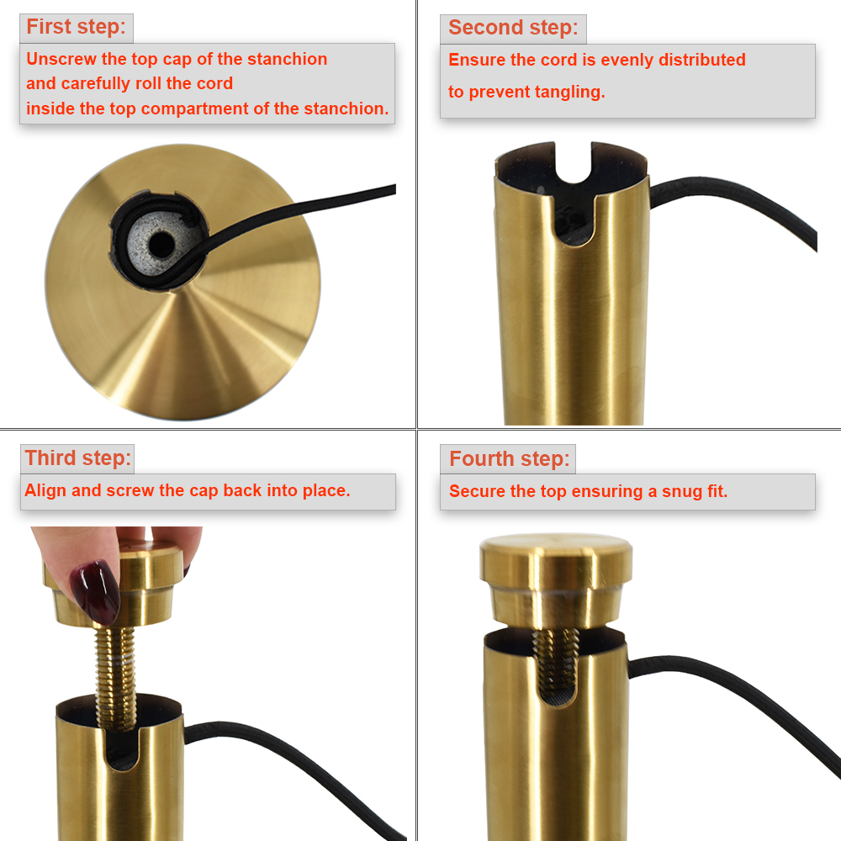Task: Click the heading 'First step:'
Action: [x=77, y=27]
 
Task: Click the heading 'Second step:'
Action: [x=513, y=28]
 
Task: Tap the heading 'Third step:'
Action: [x=78, y=458]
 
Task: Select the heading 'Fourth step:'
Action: [x=510, y=459]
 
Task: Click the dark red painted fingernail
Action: [x=96, y=591]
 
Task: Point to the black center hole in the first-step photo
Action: [x=161, y=245]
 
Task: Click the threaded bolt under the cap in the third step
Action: [x=115, y=679]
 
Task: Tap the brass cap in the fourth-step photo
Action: [x=556, y=579]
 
